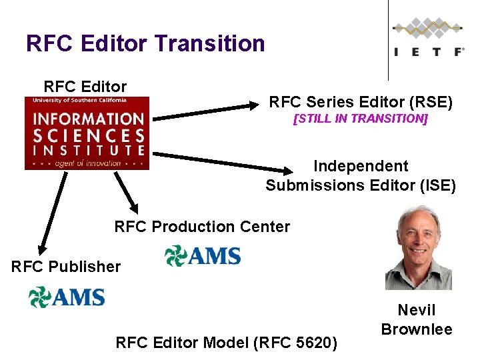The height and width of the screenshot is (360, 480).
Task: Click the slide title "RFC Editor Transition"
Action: point(145,44)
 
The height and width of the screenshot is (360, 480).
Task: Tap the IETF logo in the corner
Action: point(428,40)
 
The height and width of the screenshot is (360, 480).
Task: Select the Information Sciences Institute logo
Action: point(87,133)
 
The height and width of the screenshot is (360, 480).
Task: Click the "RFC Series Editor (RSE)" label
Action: point(361,102)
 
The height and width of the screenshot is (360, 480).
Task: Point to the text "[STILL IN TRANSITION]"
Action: point(361,119)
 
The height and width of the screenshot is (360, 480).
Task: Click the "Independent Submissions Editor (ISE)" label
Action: point(361,175)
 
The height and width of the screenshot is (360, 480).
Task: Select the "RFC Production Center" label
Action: point(202,227)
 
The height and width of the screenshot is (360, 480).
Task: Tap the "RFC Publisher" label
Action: point(66,267)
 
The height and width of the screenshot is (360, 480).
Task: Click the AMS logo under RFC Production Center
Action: point(203,255)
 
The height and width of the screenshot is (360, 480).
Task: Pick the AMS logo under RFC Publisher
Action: point(67,297)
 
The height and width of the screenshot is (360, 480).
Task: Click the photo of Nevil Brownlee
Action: point(418,247)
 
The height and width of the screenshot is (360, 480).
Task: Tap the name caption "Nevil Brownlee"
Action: point(417,319)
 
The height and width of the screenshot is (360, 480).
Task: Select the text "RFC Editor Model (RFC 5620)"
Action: point(227,343)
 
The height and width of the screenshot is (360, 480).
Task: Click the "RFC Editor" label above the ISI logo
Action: point(85,87)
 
